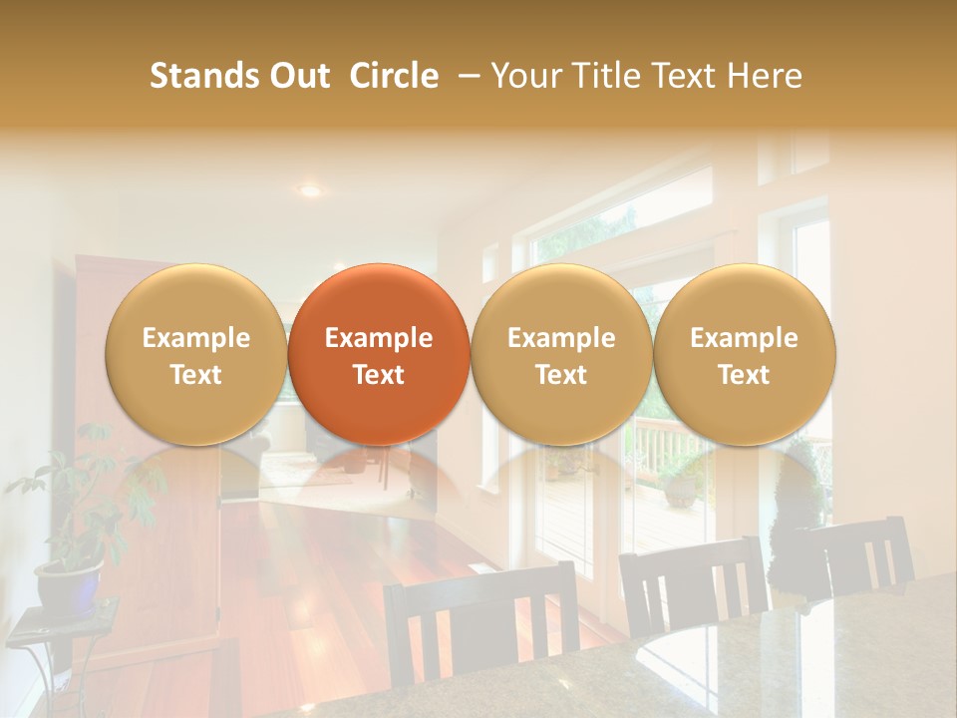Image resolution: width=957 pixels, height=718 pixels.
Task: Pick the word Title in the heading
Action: pyautogui.click(x=602, y=76)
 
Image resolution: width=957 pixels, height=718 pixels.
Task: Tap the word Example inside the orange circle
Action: pyautogui.click(x=378, y=338)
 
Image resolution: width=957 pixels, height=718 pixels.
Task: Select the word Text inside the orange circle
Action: pyautogui.click(x=378, y=375)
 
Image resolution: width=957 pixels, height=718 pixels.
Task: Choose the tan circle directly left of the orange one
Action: pyautogui.click(x=196, y=354)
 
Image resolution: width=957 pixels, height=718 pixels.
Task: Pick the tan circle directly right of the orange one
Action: pyautogui.click(x=561, y=354)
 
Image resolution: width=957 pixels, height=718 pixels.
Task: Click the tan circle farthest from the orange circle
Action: pyautogui.click(x=745, y=354)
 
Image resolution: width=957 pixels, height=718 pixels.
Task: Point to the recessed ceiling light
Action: pyautogui.click(x=311, y=189)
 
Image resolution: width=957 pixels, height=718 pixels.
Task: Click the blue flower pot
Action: pyautogui.click(x=69, y=583)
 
